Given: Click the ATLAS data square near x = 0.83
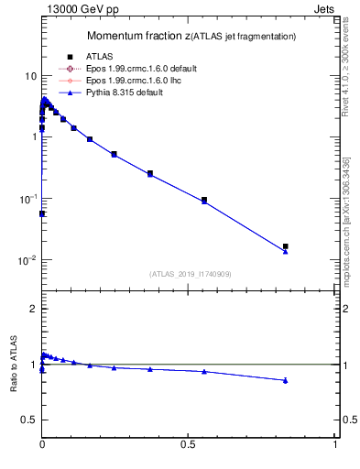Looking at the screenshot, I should coord(286,246).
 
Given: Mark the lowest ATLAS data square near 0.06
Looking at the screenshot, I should coord(42,213).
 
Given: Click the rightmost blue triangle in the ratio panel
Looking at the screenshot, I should coord(286,380).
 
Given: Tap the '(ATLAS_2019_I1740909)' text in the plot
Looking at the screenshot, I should coord(189,274).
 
